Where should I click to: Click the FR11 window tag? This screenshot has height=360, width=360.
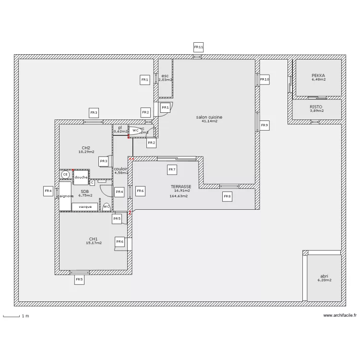point(199,47)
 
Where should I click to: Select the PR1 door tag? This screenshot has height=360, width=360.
point(165,108)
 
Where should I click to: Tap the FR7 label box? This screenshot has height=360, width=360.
point(172,169)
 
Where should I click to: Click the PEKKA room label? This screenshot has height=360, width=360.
point(318,75)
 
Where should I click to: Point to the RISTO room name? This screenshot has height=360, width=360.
point(316,107)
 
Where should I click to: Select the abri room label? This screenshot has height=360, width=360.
point(325,276)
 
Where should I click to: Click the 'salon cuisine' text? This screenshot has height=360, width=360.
point(209,117)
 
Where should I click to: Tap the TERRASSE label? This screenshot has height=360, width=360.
point(181,187)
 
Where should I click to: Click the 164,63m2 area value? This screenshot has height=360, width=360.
point(179,196)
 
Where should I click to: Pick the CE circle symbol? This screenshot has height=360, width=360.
point(65,175)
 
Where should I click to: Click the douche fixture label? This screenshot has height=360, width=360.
point(81,177)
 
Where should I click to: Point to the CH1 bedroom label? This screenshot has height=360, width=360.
point(93,239)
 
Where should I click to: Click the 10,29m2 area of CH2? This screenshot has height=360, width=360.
point(87,152)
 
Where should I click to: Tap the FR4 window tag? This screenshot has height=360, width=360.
point(48,191)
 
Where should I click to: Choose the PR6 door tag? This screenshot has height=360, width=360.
point(120,242)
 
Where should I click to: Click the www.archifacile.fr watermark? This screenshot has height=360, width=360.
point(340,315)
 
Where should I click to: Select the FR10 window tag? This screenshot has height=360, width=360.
point(264,80)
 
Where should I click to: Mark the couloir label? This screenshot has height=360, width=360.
point(120,169)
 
